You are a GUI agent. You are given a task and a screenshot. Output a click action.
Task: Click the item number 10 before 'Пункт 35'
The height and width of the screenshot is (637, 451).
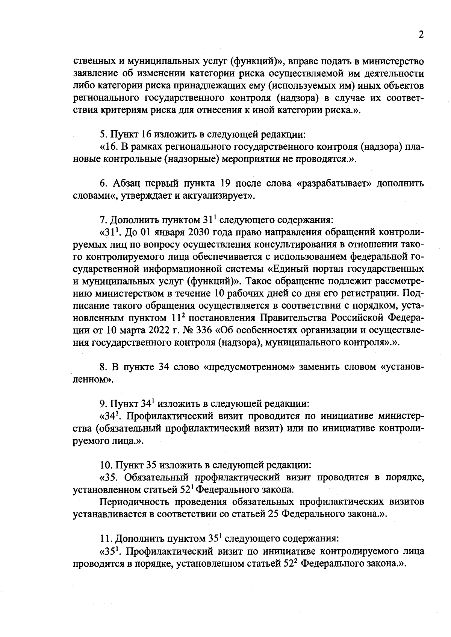pyautogui.click(x=104, y=465)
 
